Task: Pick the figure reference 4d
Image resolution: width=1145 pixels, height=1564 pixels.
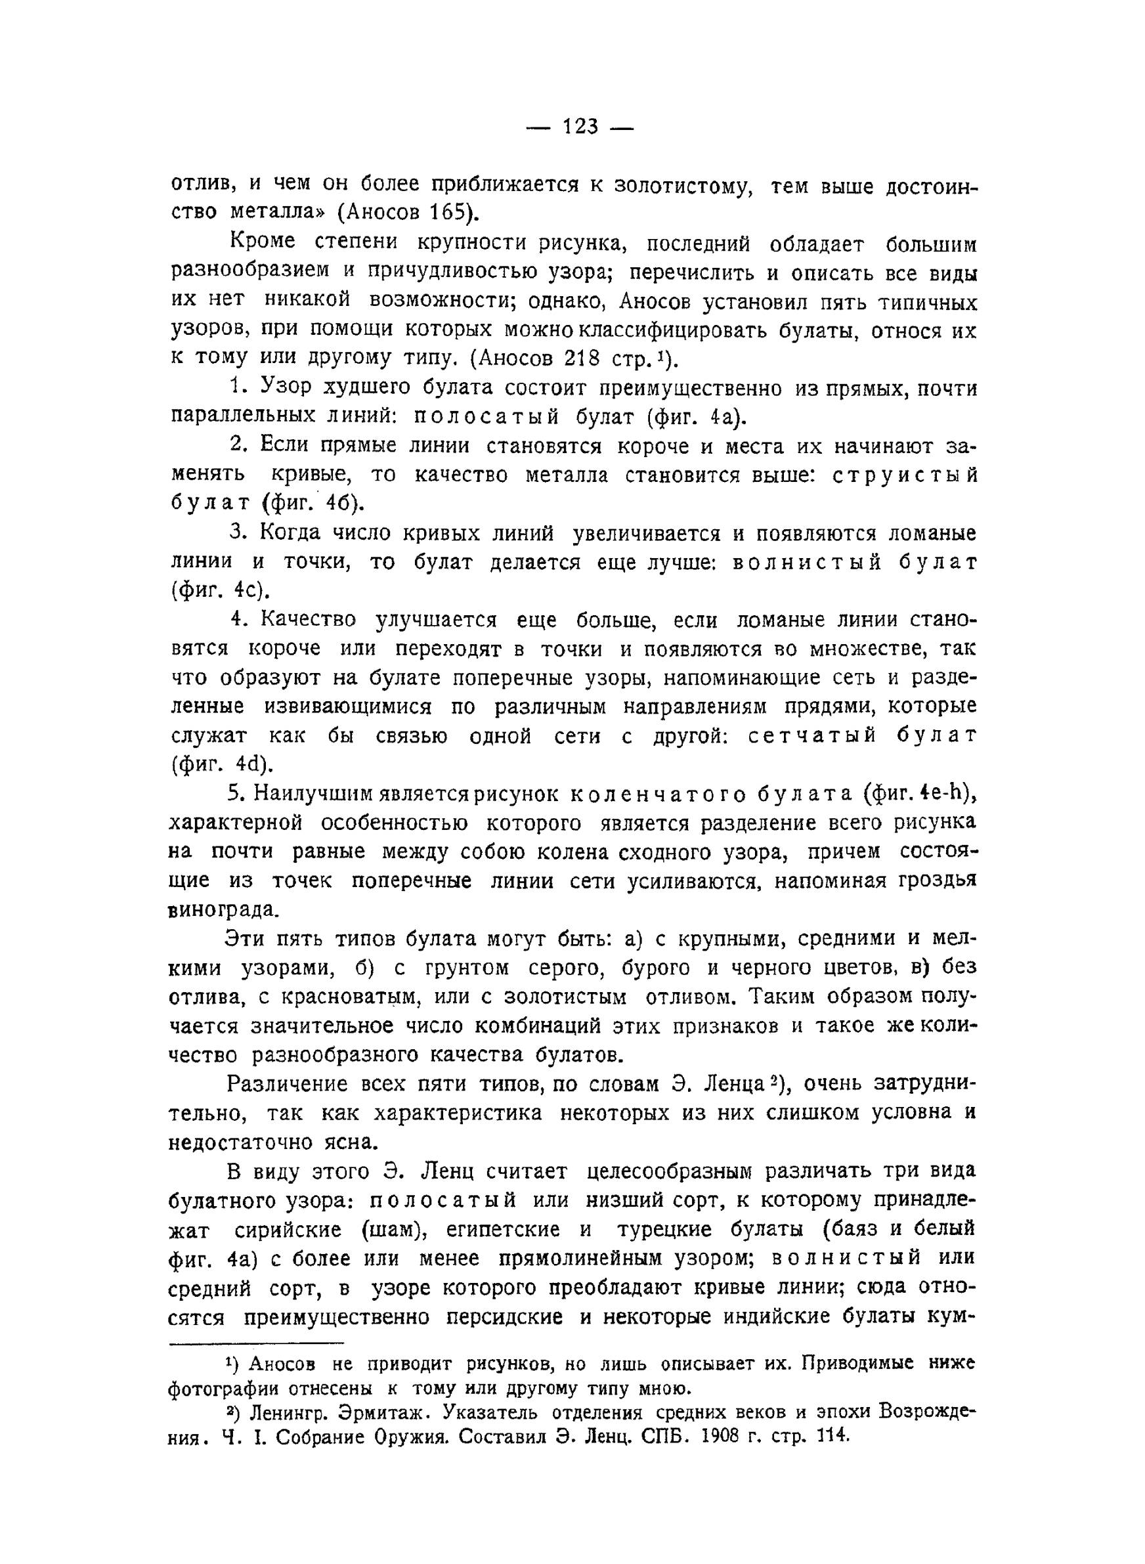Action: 244,764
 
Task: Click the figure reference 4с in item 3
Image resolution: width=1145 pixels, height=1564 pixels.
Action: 246,590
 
